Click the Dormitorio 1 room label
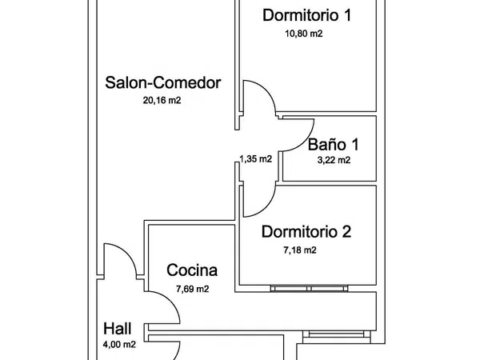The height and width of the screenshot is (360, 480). [306, 15]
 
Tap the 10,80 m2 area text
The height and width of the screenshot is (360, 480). [304, 34]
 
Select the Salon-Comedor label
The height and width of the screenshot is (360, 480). [163, 82]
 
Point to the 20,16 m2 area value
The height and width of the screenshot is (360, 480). [162, 101]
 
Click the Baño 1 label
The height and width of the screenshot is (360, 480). [333, 144]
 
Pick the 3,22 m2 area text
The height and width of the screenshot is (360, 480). [334, 160]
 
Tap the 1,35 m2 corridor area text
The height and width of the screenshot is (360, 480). [256, 159]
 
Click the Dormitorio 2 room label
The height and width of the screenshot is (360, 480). [306, 232]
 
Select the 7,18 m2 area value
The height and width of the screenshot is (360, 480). [300, 250]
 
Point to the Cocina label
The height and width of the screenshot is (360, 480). [192, 270]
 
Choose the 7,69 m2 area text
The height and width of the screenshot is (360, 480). [193, 289]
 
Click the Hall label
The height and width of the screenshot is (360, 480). [118, 329]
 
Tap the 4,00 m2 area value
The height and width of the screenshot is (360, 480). [119, 345]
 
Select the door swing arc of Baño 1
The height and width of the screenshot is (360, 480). [304, 142]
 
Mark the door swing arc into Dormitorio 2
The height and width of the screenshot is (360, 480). [266, 207]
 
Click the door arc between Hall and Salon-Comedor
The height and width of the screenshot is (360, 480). [126, 253]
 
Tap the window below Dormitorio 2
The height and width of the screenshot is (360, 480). [309, 288]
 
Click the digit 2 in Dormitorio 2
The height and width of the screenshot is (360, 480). [346, 232]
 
